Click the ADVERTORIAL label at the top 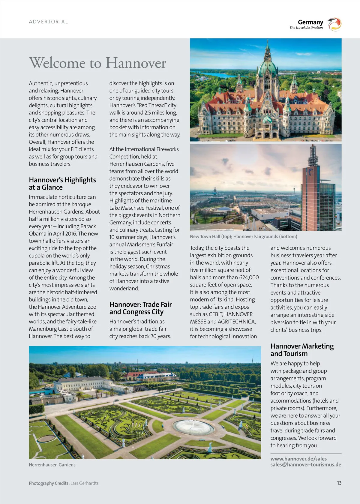click(x=48, y=22)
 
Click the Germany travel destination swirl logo click(x=334, y=24)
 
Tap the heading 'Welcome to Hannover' click(x=97, y=63)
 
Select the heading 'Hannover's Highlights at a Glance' click(x=62, y=183)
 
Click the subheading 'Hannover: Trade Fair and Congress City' click(x=140, y=308)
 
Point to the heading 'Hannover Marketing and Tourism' click(x=302, y=350)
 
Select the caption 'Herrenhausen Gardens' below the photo click(x=52, y=465)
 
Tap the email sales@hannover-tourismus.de click(x=306, y=464)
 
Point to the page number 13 click(x=339, y=483)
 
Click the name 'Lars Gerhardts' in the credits click(x=84, y=483)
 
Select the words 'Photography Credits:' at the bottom click(x=49, y=483)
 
